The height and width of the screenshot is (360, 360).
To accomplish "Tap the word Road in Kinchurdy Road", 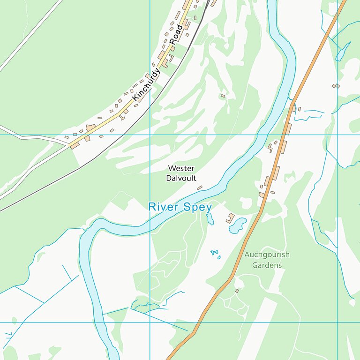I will point(176,34).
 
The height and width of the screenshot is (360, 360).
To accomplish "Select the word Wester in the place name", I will point(181,168).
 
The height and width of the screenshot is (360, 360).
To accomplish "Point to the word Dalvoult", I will point(181,178).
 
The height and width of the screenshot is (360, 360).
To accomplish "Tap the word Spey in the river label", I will point(197,207).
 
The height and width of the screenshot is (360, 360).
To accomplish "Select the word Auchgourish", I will point(267,255).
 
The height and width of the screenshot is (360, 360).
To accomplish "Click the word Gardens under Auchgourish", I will point(267,265).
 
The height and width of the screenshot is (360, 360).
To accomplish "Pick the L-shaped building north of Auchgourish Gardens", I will point(230,218).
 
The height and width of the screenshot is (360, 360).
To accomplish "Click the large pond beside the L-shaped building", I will point(238,225).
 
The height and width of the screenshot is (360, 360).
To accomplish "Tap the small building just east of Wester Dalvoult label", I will point(200,188).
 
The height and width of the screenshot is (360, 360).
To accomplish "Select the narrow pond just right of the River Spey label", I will point(210,218).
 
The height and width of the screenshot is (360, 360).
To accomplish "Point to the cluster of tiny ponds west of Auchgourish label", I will point(215,254).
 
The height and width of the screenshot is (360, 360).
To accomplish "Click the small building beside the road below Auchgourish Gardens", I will point(237,291).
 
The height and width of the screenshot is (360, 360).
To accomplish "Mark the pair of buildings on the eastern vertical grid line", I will point(336,86).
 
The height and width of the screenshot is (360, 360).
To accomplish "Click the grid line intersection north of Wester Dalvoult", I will point(150,135).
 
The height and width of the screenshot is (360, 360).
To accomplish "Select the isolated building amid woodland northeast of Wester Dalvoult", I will point(223,96).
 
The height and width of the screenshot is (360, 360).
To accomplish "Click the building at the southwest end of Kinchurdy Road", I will point(75,145).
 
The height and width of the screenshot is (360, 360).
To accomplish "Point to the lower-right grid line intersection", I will point(337,322).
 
